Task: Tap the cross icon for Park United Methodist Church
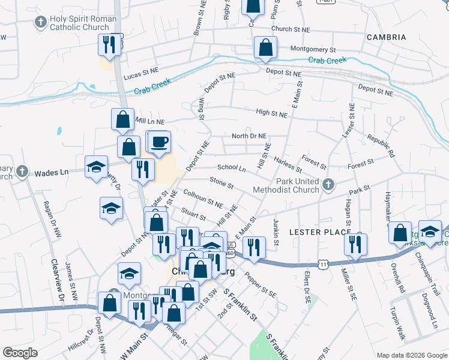(x=328, y=185)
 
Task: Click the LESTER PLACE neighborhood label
(x=319, y=232)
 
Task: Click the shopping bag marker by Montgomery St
(x=265, y=48)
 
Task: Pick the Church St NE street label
(x=291, y=29)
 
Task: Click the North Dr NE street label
(x=249, y=136)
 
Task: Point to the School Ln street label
(x=232, y=169)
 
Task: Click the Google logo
(x=20, y=352)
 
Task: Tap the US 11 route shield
(x=324, y=263)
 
